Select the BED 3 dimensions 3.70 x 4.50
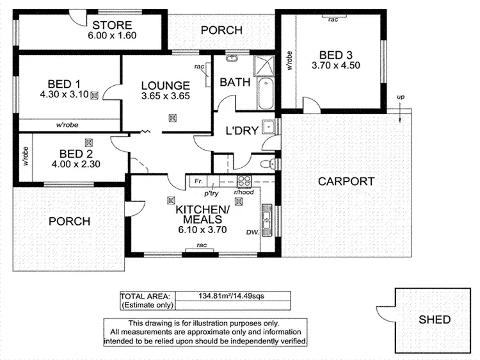click(332, 65)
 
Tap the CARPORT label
click(346, 181)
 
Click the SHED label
click(435, 320)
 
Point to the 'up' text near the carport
click(401, 97)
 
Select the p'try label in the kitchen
click(212, 192)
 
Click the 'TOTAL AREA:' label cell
click(145, 296)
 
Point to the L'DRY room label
click(242, 131)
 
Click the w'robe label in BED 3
click(290, 60)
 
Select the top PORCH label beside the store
click(221, 30)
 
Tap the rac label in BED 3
click(333, 20)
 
